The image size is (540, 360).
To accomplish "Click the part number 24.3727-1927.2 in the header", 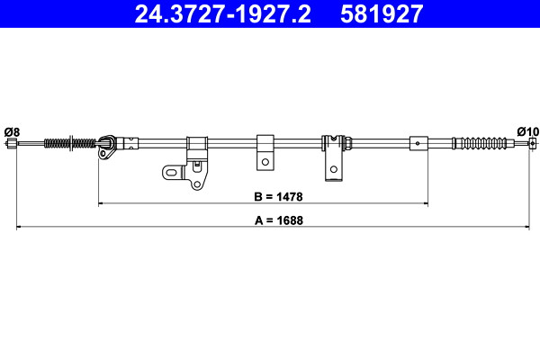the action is click(x=222, y=14).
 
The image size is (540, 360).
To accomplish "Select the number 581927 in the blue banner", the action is click(x=382, y=14).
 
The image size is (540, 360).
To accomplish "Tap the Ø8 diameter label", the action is click(x=12, y=132).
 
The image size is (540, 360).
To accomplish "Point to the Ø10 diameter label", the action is click(x=527, y=131).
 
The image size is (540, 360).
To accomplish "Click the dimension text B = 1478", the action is click(x=278, y=197).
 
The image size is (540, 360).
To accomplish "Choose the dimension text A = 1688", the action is click(x=279, y=220).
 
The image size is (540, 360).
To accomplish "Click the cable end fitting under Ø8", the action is click(x=12, y=143).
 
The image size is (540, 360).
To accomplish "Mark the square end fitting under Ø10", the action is click(x=533, y=142).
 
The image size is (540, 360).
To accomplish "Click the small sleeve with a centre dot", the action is click(x=418, y=143).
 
